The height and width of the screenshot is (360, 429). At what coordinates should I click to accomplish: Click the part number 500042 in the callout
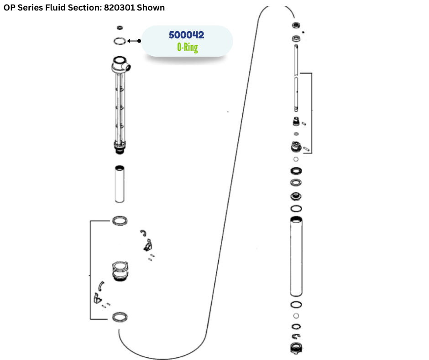point(186,35)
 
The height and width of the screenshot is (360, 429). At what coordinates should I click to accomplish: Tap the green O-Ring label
point(188,47)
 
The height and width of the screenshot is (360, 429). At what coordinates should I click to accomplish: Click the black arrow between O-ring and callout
point(134,41)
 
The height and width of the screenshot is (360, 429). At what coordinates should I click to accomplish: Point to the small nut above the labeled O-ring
point(120,28)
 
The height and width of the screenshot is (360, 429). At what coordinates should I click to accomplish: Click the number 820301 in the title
point(119,8)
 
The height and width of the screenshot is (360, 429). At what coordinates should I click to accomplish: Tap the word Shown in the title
point(151,8)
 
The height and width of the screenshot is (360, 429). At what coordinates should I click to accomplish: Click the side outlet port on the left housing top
point(127,67)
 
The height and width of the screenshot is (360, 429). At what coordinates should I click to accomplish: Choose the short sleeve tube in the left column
point(120,184)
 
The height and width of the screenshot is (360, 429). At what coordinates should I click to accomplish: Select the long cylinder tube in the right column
point(296,256)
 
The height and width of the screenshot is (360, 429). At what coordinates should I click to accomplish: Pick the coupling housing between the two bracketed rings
point(120,271)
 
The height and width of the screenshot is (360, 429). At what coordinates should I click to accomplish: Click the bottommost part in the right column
point(296,348)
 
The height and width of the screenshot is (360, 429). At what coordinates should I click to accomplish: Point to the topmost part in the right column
point(296,26)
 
